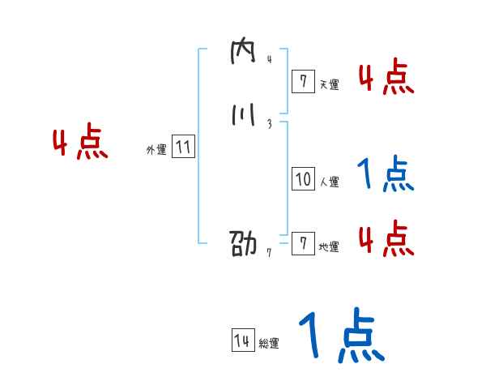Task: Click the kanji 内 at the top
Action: (x=243, y=54)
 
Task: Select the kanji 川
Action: (x=242, y=117)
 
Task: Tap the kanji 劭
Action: (x=243, y=244)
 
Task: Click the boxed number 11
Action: (x=184, y=148)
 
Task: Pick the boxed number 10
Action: (x=303, y=179)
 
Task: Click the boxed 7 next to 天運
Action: (x=303, y=80)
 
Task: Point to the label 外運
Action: (x=156, y=150)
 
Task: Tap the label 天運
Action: (x=329, y=83)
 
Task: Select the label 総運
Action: (x=269, y=345)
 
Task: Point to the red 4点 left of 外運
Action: (x=79, y=144)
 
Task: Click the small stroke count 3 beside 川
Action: (x=268, y=124)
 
